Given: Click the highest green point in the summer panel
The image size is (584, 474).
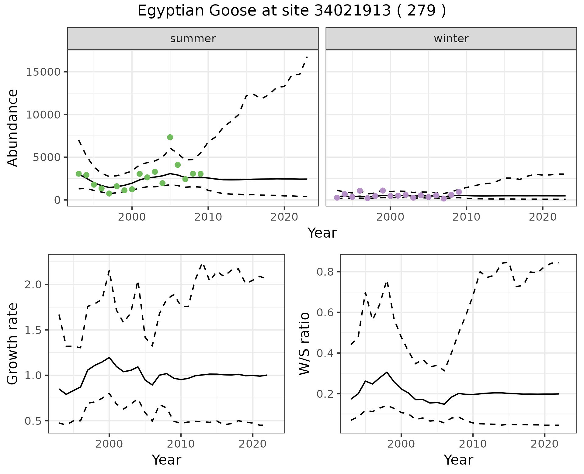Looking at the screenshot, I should (170, 137).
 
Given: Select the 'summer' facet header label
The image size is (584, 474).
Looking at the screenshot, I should (193, 39).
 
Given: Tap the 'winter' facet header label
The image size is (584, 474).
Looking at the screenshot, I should (451, 39).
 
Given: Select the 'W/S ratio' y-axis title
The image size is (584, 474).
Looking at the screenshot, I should (304, 343).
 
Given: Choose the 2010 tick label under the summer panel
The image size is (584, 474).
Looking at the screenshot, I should (208, 217).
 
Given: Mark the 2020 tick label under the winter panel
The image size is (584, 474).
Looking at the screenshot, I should (543, 217).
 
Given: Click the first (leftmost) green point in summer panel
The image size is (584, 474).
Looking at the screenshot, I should (78, 174).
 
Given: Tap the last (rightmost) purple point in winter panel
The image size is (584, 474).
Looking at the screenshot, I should (459, 192).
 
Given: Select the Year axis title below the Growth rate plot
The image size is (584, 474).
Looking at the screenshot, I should (166, 460).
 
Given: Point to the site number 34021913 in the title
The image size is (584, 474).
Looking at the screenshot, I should (352, 11).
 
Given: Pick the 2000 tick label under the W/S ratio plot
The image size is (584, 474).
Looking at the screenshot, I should (401, 444).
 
